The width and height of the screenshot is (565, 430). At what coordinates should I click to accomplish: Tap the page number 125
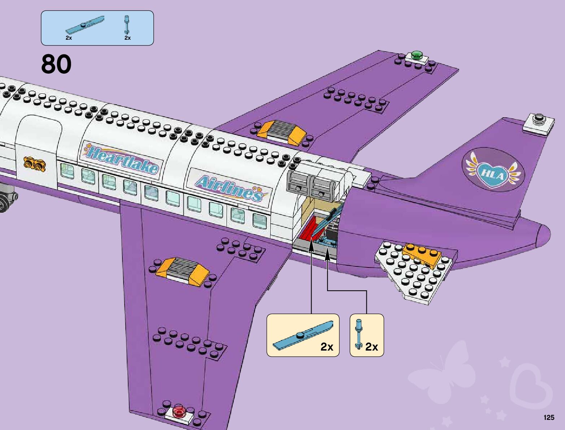click(x=548, y=418)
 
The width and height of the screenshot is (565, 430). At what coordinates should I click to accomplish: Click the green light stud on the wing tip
click(x=417, y=55)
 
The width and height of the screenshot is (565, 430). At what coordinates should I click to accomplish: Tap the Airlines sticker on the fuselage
click(x=229, y=188)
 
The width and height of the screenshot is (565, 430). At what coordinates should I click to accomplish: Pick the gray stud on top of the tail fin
click(x=539, y=118)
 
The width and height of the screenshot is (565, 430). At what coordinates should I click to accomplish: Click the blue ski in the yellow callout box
click(x=302, y=335)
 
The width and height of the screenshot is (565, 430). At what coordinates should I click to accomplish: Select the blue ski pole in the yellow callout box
click(x=358, y=334)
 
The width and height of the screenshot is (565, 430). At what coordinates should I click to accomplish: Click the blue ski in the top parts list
click(x=84, y=25)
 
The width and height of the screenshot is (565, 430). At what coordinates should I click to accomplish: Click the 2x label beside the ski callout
click(x=327, y=347)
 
